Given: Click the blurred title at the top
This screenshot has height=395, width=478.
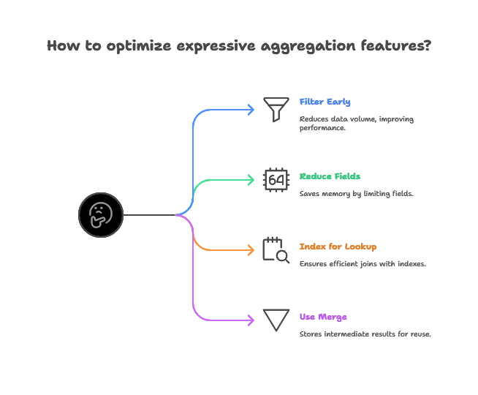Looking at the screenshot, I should [239, 45].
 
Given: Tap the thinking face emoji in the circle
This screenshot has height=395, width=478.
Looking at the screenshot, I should [101, 215].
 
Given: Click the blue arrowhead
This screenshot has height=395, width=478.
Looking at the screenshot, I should [253, 110].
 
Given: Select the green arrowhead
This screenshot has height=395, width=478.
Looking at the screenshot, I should [253, 179].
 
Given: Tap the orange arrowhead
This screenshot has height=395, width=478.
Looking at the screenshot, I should [253, 249].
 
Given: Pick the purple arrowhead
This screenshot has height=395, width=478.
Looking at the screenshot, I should [253, 319].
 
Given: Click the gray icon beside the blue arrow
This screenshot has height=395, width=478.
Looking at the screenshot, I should [274, 108].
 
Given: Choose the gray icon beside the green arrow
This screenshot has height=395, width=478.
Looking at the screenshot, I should [274, 179].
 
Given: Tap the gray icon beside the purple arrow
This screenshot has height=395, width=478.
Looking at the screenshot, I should [275, 319].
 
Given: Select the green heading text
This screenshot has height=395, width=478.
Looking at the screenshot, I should [330, 176].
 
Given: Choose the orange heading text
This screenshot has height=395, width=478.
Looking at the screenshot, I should [338, 247].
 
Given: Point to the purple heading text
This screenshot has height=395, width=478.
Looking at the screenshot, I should [324, 317].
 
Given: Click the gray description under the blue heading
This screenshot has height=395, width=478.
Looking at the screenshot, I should [357, 123].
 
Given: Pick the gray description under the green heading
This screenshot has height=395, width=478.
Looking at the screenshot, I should [357, 194].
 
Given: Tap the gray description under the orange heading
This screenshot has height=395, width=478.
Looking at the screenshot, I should [362, 263].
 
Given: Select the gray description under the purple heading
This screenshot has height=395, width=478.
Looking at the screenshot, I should [365, 334].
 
